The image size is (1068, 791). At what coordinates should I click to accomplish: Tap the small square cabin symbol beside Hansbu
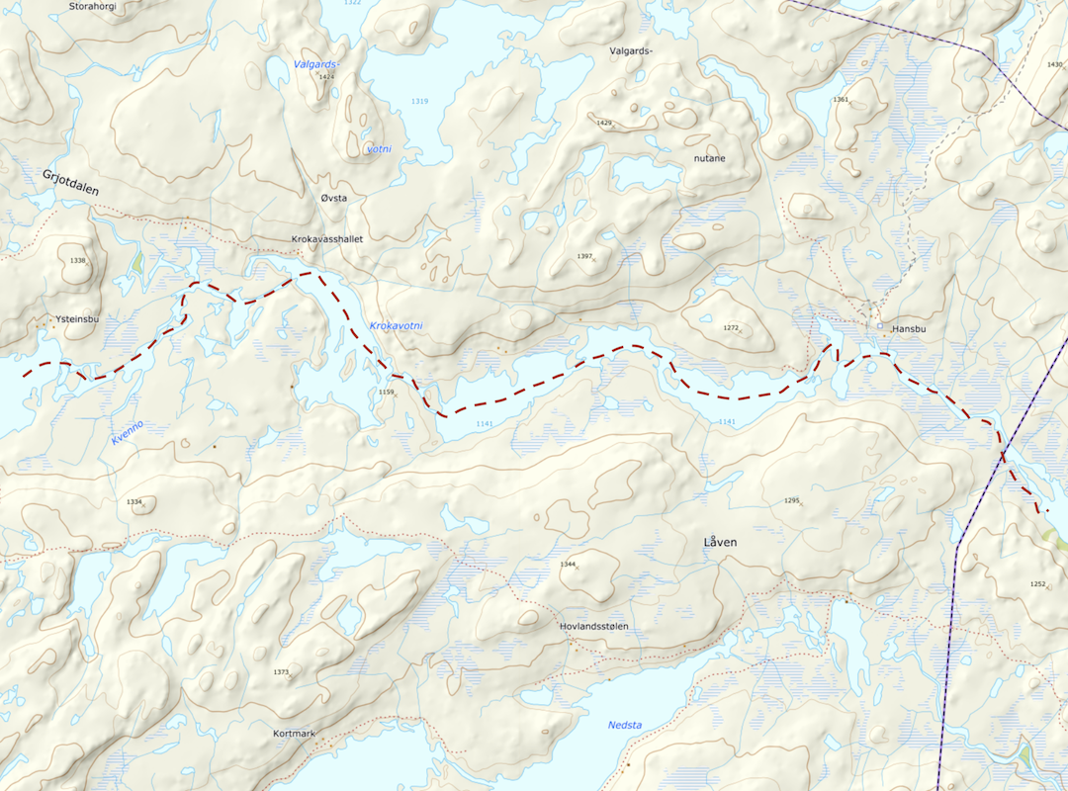click(881, 325)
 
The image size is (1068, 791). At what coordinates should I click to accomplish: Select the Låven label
click(721, 543)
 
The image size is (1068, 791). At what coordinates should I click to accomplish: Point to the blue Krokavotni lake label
click(396, 325)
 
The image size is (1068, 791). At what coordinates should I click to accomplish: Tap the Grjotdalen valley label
click(70, 183)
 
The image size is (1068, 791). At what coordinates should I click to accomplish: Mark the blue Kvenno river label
click(128, 432)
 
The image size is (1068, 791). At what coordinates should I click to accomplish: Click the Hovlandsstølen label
click(593, 627)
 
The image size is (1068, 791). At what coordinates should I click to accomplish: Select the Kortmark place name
click(294, 734)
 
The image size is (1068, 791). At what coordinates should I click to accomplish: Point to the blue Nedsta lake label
click(624, 726)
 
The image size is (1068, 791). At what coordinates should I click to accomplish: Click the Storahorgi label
click(94, 6)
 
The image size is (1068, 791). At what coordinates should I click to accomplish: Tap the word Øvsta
click(334, 199)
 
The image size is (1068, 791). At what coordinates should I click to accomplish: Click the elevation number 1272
click(731, 327)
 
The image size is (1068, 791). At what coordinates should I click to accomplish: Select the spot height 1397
click(584, 256)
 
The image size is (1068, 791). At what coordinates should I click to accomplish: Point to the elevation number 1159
click(387, 393)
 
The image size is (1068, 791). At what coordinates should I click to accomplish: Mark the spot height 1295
click(791, 501)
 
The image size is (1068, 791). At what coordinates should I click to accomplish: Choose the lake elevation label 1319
click(420, 102)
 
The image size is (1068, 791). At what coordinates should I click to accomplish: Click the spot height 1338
click(79, 260)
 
